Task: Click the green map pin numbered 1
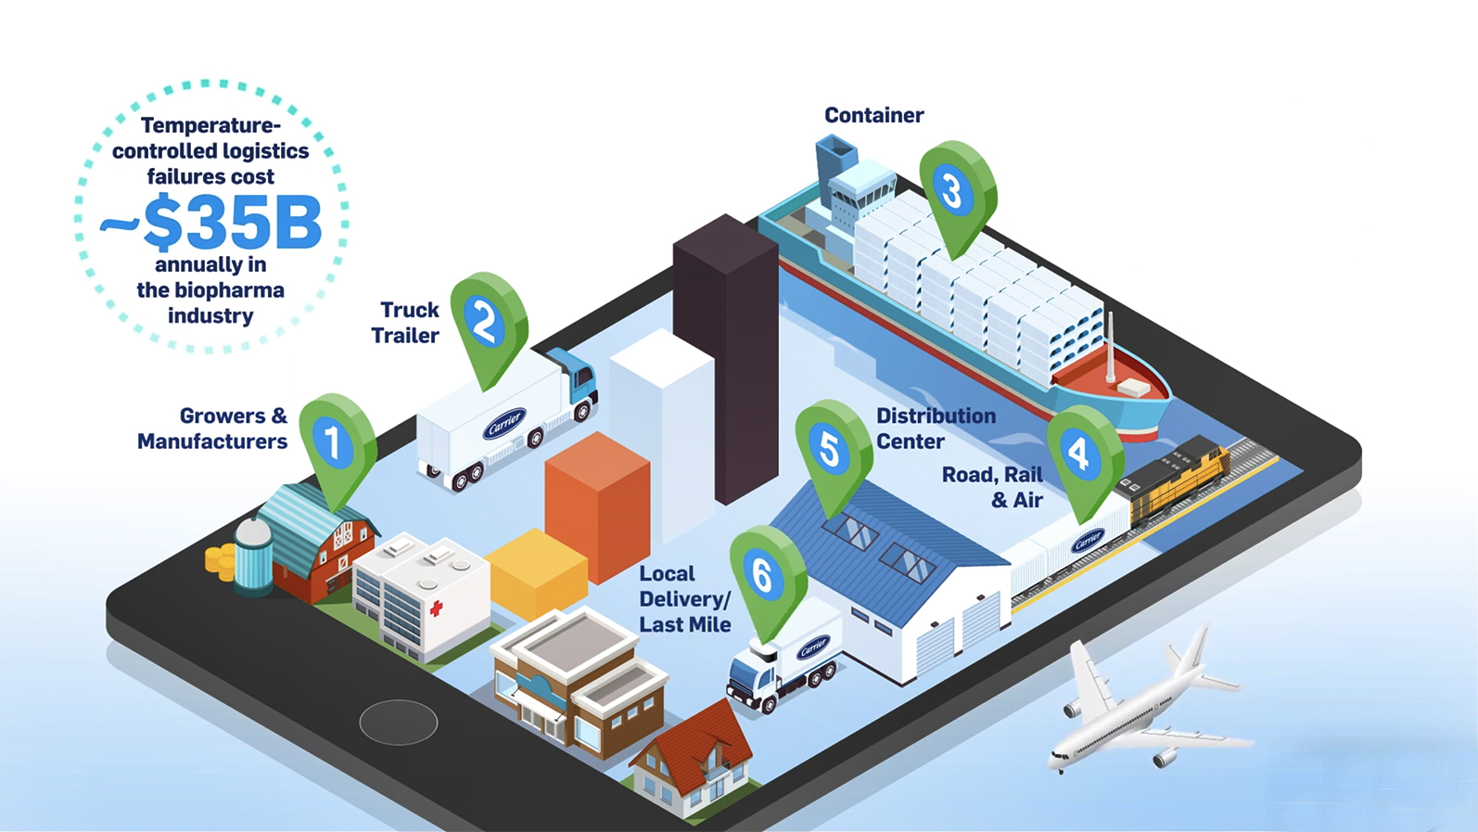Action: tap(338, 445)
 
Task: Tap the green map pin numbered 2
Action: tap(489, 324)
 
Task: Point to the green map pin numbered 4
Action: tap(1085, 457)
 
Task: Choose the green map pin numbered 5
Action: tap(834, 452)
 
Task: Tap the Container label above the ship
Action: tap(874, 115)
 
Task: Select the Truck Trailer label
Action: tap(405, 323)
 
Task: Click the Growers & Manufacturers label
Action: tap(212, 429)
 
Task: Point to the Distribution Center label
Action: tap(936, 429)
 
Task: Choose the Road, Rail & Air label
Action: tap(992, 487)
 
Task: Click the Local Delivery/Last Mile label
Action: tap(685, 599)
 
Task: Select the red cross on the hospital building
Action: tap(436, 608)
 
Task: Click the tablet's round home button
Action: tap(399, 723)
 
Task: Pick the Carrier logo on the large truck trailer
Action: tap(504, 423)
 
